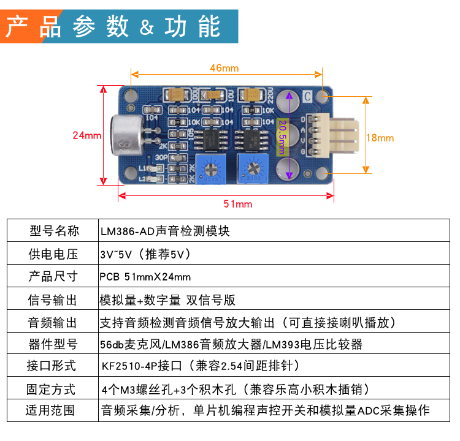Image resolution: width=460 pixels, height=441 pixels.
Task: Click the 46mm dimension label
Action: click(x=224, y=67)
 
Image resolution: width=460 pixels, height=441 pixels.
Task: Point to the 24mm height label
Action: click(x=86, y=135)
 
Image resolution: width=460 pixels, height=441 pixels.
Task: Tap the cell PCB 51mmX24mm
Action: click(x=145, y=276)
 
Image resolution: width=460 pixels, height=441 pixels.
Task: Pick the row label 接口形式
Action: click(x=52, y=366)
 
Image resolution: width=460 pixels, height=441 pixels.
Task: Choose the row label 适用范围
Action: click(x=52, y=410)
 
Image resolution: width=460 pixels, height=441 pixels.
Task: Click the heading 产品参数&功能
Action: click(x=113, y=26)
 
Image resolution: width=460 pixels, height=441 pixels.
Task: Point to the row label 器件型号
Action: click(x=52, y=344)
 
